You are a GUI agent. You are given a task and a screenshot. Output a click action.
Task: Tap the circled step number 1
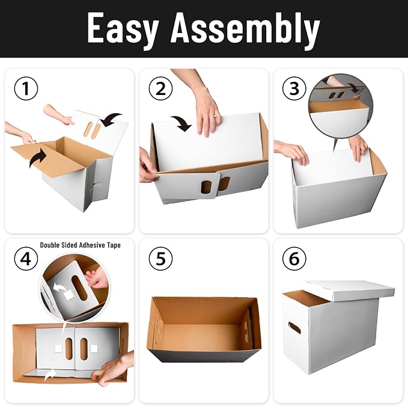coord(26,88)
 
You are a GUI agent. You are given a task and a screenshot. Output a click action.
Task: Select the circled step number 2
coord(160,88)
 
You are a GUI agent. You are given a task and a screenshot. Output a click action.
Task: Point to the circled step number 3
coord(294,88)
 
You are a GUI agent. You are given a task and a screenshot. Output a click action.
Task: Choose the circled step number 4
coord(26,259)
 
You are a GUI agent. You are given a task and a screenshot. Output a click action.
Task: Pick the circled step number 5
coord(160,259)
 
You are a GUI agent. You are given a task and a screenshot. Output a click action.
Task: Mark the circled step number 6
coord(294,259)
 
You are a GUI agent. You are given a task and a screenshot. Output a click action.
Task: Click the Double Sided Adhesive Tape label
coord(80,245)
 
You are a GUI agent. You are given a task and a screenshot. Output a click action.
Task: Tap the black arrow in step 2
coord(182,123)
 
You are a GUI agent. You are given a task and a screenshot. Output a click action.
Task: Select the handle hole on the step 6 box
coord(294,328)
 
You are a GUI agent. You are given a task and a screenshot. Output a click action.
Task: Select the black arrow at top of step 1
coord(111,119)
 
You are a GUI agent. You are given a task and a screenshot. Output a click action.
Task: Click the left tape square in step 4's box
coord(58,348)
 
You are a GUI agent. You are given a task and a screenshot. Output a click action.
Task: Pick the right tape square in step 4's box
coord(94,348)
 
